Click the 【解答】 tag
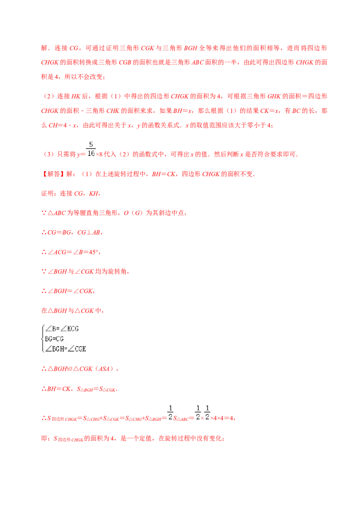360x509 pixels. [x=53, y=174]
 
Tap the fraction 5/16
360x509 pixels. [x=91, y=149]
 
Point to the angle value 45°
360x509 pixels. [x=94, y=252]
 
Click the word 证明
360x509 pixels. [x=47, y=193]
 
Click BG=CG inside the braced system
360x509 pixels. [x=54, y=339]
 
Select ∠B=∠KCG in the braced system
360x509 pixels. [x=62, y=329]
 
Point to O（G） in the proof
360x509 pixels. [x=133, y=213]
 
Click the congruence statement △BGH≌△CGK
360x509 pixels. [x=70, y=369]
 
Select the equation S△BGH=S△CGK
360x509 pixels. [x=96, y=389]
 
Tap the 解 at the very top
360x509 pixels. [x=44, y=48]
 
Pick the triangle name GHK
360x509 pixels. [x=274, y=96]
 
